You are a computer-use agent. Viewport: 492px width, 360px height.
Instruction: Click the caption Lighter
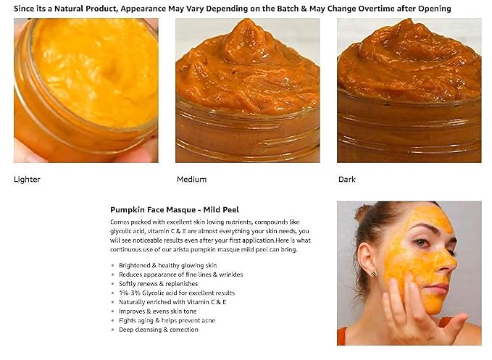27,180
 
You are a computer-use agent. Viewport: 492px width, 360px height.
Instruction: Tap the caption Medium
191,180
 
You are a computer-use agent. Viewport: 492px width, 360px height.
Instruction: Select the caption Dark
347,180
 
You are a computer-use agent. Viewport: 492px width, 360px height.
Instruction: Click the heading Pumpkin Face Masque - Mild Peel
175,209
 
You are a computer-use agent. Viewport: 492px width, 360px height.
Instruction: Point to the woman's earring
373,274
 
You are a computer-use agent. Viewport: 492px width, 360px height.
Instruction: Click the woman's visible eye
421,243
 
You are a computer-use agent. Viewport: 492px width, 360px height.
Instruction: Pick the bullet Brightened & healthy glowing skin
167,265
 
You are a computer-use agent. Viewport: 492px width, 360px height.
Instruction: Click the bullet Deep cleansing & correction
159,330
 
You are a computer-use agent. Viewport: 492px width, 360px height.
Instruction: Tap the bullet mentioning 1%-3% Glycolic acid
177,293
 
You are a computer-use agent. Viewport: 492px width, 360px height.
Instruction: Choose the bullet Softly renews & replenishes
158,284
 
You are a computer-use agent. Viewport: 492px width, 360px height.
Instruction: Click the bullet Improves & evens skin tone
157,311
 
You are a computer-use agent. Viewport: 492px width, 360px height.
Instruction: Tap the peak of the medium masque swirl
247,21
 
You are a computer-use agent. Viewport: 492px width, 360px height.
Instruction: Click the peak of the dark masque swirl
409,21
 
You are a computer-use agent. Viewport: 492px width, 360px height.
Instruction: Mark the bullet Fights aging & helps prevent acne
167,320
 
